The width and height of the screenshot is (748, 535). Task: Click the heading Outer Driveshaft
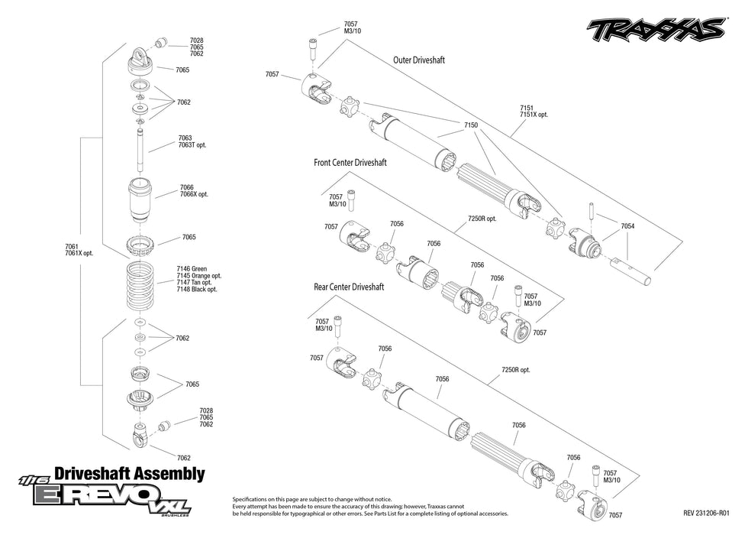pos(419,60)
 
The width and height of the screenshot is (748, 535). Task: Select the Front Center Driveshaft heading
pos(350,163)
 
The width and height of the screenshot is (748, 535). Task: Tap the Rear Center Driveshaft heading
pos(349,287)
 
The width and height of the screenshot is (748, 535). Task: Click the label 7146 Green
pos(192,269)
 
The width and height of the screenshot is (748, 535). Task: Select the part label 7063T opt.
pos(192,145)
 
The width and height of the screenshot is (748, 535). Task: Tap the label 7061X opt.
pos(79,253)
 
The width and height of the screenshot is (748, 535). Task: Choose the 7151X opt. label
pos(534,115)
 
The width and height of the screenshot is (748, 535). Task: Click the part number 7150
pos(471,125)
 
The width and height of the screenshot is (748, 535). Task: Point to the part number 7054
pos(627,227)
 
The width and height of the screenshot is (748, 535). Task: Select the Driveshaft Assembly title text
pos(130,474)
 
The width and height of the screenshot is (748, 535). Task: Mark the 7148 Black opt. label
pos(197,290)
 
